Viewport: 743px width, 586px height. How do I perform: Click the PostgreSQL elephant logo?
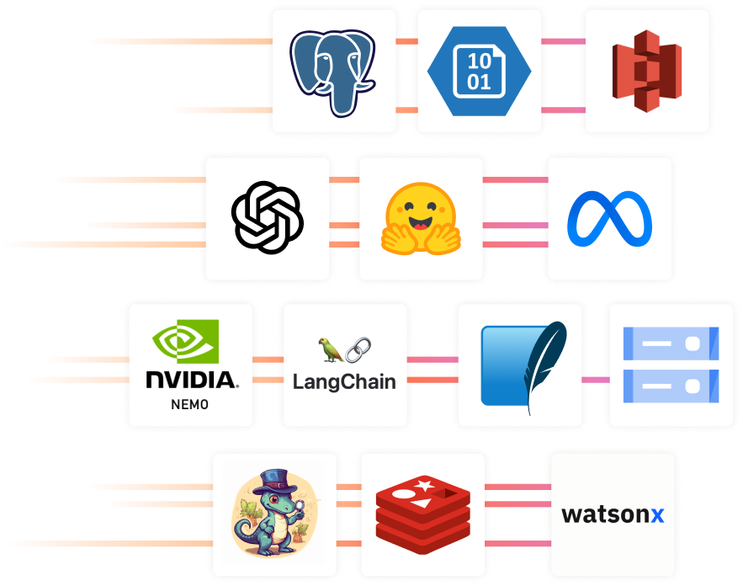[334, 72]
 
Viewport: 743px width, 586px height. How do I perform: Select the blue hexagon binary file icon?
[479, 72]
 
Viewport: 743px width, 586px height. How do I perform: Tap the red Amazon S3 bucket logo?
[646, 72]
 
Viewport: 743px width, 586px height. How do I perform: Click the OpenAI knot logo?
[268, 218]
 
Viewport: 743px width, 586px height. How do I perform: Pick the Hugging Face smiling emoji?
[422, 218]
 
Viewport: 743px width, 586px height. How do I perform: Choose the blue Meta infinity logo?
[609, 218]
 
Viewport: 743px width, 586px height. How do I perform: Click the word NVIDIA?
[192, 380]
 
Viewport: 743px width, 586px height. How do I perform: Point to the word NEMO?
[190, 405]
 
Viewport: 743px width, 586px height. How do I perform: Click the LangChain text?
[344, 381]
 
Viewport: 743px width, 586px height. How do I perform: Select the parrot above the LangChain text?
[328, 348]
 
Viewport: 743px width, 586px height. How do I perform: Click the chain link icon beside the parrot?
[358, 348]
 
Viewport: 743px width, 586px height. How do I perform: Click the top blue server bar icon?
[671, 344]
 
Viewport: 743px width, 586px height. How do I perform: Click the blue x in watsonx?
[656, 514]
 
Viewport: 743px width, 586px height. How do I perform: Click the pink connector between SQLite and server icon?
[595, 380]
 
